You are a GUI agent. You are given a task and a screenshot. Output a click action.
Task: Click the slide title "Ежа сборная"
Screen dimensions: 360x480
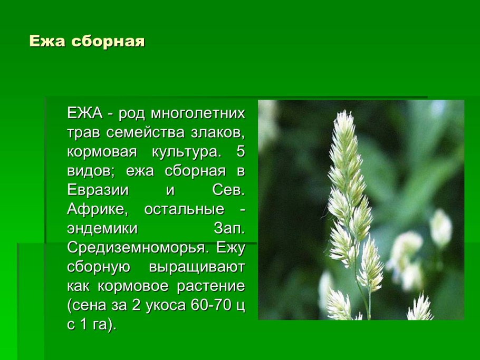87,42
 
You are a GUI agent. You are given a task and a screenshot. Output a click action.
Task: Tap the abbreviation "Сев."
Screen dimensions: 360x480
228,190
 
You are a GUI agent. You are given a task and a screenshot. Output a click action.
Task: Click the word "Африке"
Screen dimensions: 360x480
97,209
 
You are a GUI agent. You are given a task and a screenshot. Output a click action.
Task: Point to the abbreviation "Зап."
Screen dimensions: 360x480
229,228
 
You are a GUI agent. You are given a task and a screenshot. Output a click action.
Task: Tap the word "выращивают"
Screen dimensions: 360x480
197,267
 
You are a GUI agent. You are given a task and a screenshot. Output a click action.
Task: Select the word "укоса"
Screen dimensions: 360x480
158,305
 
